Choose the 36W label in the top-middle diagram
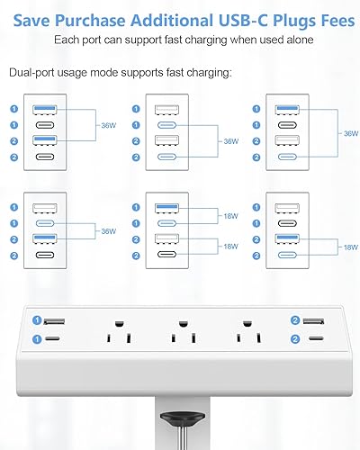coord(230,141)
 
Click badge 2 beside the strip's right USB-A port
coord(295,321)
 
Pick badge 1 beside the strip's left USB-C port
coord(37,339)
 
